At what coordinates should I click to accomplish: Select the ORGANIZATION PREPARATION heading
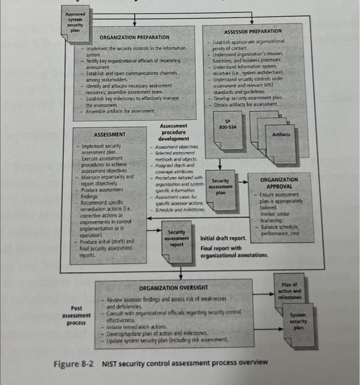point(135,37)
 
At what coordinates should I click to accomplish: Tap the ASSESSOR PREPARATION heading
point(252,32)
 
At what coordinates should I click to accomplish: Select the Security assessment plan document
point(220,187)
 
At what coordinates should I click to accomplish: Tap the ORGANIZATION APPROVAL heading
point(279,183)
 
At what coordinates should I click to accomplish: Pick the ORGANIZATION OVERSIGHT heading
point(173,288)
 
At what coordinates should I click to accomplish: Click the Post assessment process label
point(76,316)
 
